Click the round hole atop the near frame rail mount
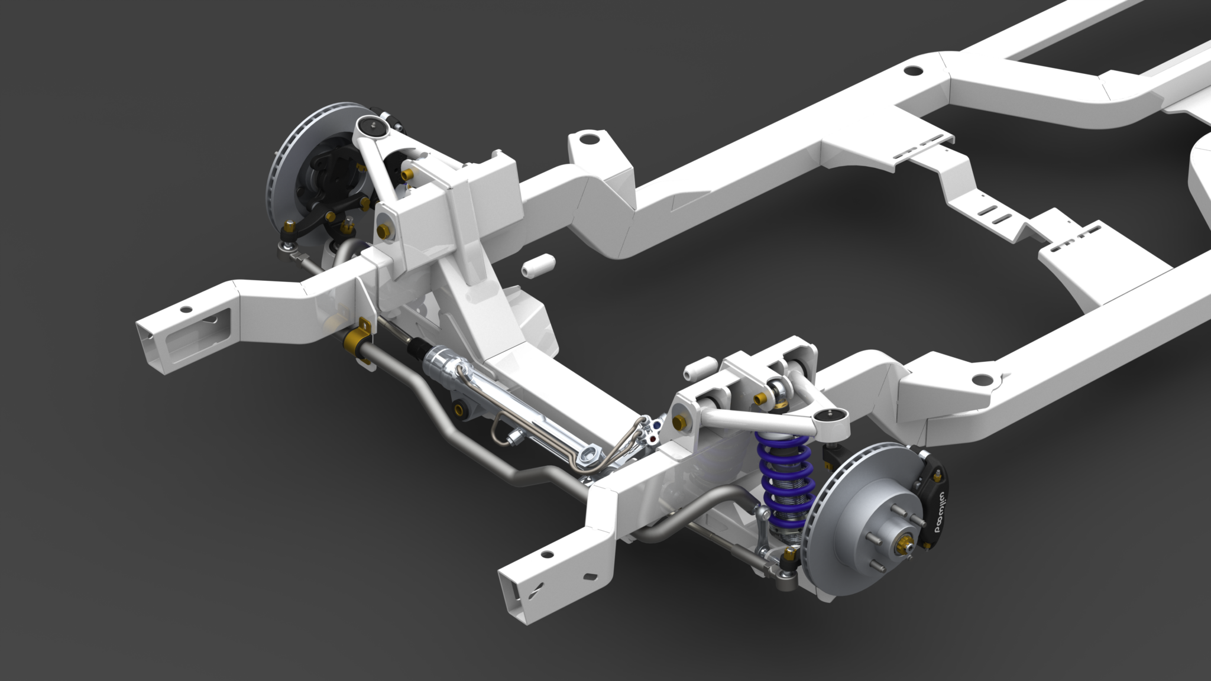click(x=980, y=378)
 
